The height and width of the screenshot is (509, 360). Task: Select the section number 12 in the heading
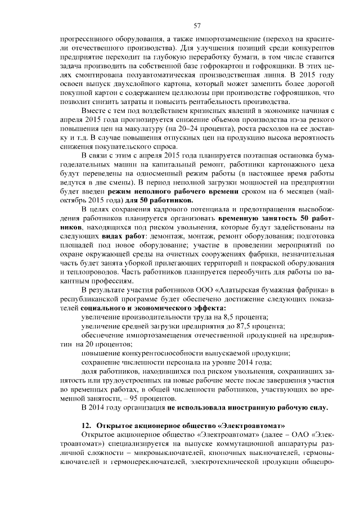[x=85, y=426]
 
